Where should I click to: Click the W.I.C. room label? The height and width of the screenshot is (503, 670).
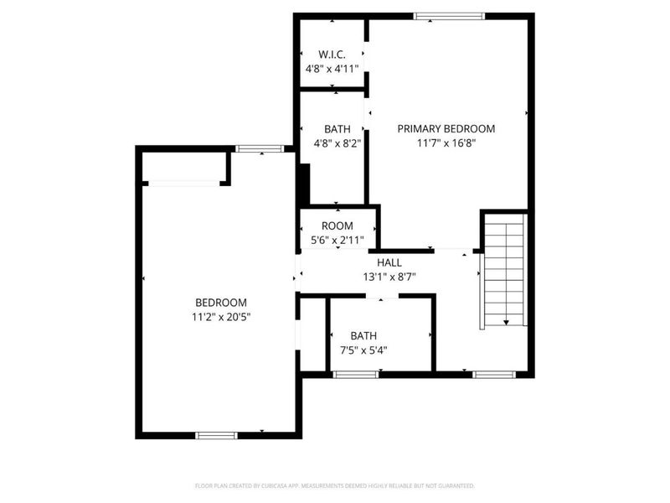332,54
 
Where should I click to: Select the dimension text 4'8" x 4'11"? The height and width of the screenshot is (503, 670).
332,70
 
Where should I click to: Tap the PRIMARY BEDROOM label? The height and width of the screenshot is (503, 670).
446,128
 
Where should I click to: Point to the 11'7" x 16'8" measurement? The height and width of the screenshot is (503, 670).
446,143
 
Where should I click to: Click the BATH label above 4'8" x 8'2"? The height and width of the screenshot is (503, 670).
337,129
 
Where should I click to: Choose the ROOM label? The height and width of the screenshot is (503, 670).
338,226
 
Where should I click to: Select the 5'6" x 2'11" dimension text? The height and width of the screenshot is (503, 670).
338,240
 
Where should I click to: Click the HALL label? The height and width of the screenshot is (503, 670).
389,262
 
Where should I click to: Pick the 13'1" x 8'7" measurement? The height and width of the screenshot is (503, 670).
389,277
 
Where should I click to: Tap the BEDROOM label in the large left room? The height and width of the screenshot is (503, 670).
221,303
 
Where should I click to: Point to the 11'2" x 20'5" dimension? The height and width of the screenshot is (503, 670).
221,317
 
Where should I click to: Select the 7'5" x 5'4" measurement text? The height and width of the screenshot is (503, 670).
363,350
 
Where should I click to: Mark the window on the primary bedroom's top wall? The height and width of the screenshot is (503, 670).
449,15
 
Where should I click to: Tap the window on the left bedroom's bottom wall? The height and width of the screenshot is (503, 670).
216,435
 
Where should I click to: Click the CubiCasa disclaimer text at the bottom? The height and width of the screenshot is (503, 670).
335,485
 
